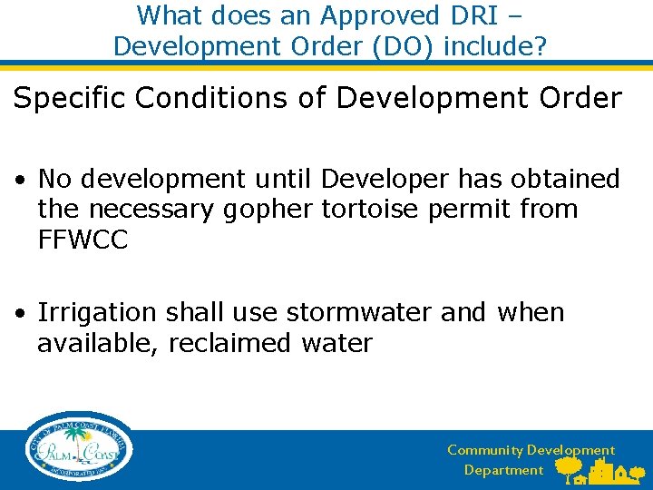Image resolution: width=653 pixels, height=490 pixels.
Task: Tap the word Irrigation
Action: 97,313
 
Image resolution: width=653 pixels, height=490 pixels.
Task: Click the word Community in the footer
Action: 484,450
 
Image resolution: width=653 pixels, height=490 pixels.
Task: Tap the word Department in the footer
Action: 503,470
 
